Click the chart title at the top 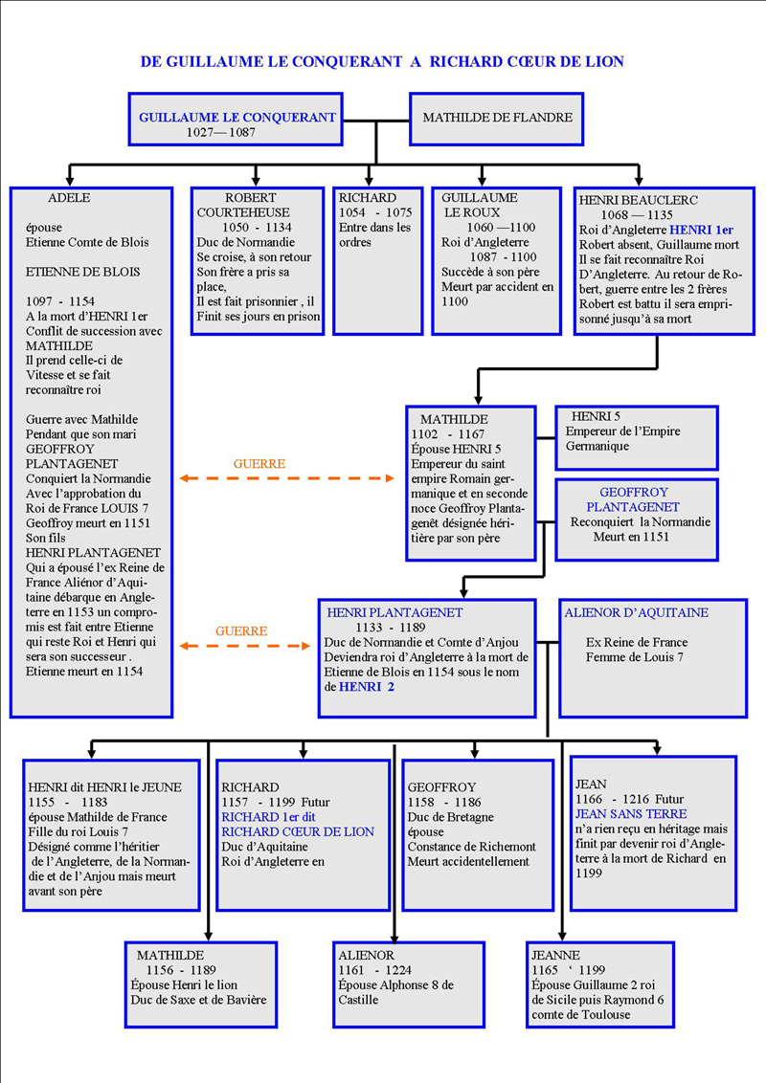click(x=382, y=62)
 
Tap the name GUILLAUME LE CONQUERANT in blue click(x=237, y=118)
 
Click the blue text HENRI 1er click(x=702, y=231)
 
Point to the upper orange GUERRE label click(x=259, y=464)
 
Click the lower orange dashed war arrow click(x=245, y=648)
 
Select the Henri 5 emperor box click(x=636, y=437)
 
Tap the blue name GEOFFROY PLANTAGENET click(x=633, y=499)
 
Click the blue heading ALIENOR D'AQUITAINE click(x=636, y=613)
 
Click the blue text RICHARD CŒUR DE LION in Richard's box click(x=298, y=832)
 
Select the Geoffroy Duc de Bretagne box click(x=477, y=834)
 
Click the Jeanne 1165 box click(x=599, y=984)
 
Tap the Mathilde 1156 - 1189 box click(x=200, y=984)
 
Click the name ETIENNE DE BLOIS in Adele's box click(x=82, y=272)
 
